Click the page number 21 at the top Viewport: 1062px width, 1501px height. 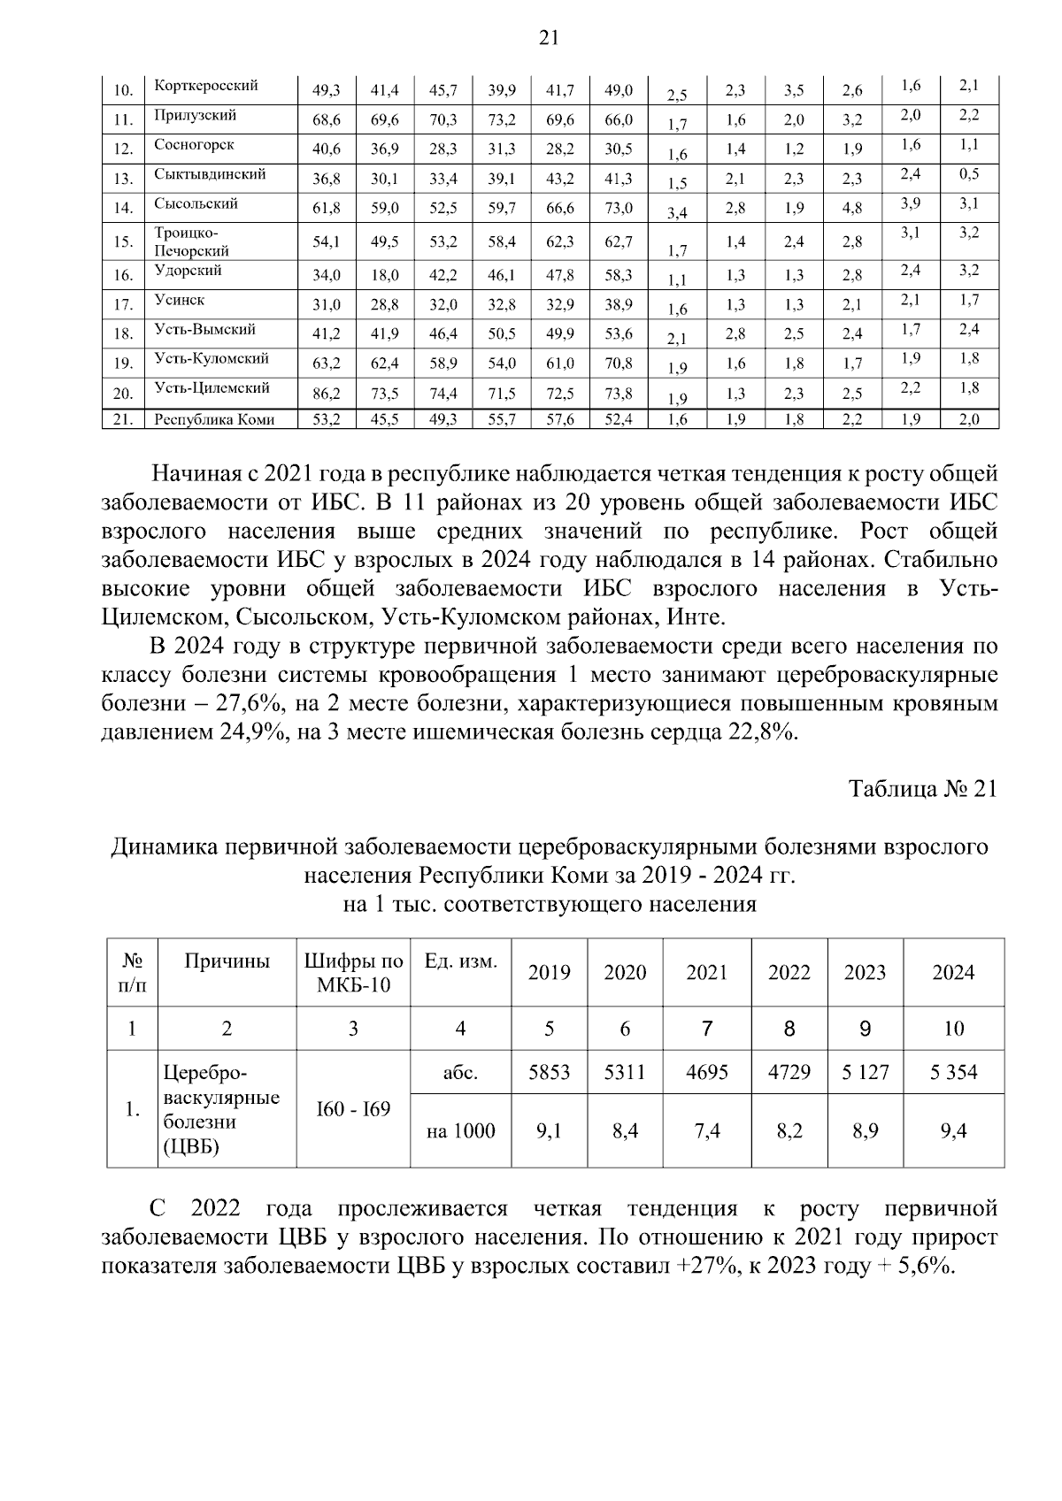pos(548,37)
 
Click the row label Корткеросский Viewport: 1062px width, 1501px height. pos(205,86)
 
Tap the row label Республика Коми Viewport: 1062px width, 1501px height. pos(213,420)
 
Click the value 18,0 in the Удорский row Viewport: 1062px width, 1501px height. pos(384,276)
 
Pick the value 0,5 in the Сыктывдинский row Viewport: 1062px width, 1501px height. pos(968,173)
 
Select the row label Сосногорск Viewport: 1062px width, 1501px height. pos(194,144)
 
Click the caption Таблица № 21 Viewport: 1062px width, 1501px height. pos(922,789)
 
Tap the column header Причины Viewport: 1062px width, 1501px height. pos(227,961)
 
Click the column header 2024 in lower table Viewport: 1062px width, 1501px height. pos(953,973)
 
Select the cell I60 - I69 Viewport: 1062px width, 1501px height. pos(352,1109)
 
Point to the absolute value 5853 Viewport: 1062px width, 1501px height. pos(549,1073)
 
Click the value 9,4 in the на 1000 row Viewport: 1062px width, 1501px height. pos(953,1130)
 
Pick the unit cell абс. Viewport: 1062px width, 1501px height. pos(460,1073)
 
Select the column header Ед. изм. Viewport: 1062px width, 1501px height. pos(460,961)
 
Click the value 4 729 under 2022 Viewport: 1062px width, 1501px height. pos(789,1073)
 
